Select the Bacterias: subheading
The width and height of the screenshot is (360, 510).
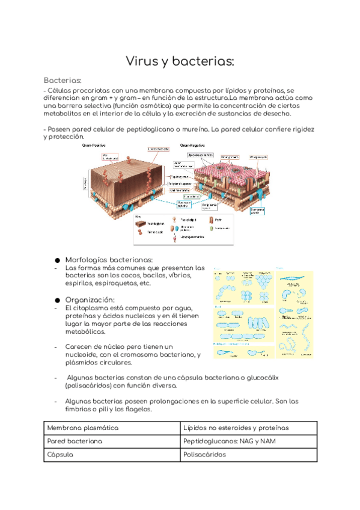(63, 81)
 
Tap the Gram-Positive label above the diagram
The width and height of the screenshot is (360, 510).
(95, 145)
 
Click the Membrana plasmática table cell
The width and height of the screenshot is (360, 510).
(112, 428)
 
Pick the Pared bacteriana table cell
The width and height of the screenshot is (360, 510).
(112, 441)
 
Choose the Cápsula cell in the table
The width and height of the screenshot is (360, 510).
(112, 455)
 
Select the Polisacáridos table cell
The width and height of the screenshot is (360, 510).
(247, 455)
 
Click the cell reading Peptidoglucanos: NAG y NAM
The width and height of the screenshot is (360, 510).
(247, 441)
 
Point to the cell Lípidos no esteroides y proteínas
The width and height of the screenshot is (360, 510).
(247, 428)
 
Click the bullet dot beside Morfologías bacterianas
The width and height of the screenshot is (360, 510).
(58, 260)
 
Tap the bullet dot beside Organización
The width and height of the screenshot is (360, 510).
(58, 300)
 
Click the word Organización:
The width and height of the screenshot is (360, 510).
(90, 300)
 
